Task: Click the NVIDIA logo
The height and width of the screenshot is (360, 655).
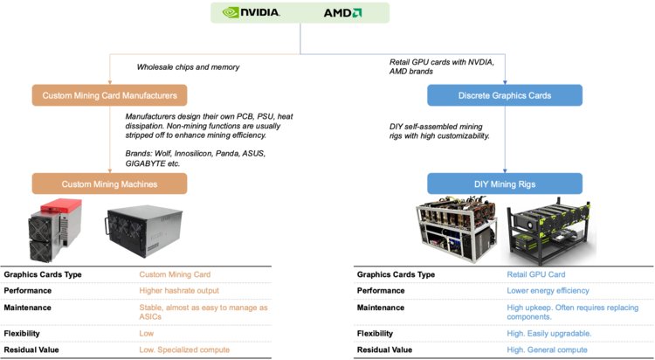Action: (x=251, y=12)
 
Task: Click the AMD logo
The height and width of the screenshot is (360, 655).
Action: (x=342, y=13)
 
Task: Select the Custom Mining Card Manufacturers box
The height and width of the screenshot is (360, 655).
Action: (x=109, y=95)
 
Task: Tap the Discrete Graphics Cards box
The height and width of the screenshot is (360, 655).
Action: (x=505, y=95)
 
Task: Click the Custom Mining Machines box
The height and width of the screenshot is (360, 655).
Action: (x=109, y=184)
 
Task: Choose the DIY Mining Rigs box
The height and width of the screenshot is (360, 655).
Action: (x=505, y=184)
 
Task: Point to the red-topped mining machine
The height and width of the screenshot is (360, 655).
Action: (x=55, y=230)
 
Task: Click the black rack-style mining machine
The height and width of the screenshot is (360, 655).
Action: (x=144, y=231)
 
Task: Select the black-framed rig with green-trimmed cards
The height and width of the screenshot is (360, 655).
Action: (x=550, y=232)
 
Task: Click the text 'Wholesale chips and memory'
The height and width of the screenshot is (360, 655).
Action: (x=188, y=67)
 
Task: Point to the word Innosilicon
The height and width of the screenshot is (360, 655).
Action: (x=193, y=154)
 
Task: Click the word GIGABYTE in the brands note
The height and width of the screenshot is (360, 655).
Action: (x=146, y=163)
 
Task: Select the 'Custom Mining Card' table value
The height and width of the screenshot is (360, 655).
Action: (x=175, y=274)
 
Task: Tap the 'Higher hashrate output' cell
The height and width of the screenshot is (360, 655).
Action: (x=179, y=291)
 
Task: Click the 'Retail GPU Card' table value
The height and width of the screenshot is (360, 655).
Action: (x=536, y=274)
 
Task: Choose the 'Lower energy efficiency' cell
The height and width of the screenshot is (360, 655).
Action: (x=548, y=291)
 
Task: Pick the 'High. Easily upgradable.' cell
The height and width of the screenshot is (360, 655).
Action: (x=549, y=334)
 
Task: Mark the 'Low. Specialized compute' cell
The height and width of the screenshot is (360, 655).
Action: (x=184, y=350)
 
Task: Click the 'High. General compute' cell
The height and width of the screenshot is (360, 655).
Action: (x=547, y=350)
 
